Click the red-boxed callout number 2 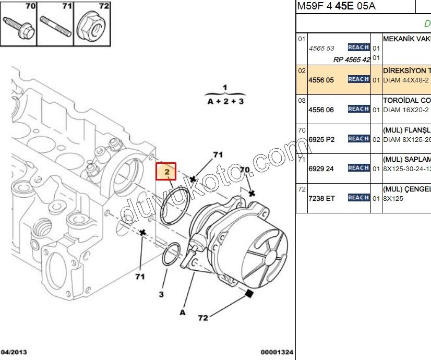pos(166,171)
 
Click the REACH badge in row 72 pos(358,198)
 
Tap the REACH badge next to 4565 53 pos(358,47)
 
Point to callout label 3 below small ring pos(161,295)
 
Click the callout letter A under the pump pos(183,313)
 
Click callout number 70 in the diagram pos(244,170)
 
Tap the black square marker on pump pos(249,294)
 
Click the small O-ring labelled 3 pos(172,254)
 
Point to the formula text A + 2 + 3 pos(225,101)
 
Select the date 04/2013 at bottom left pos(14,353)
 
